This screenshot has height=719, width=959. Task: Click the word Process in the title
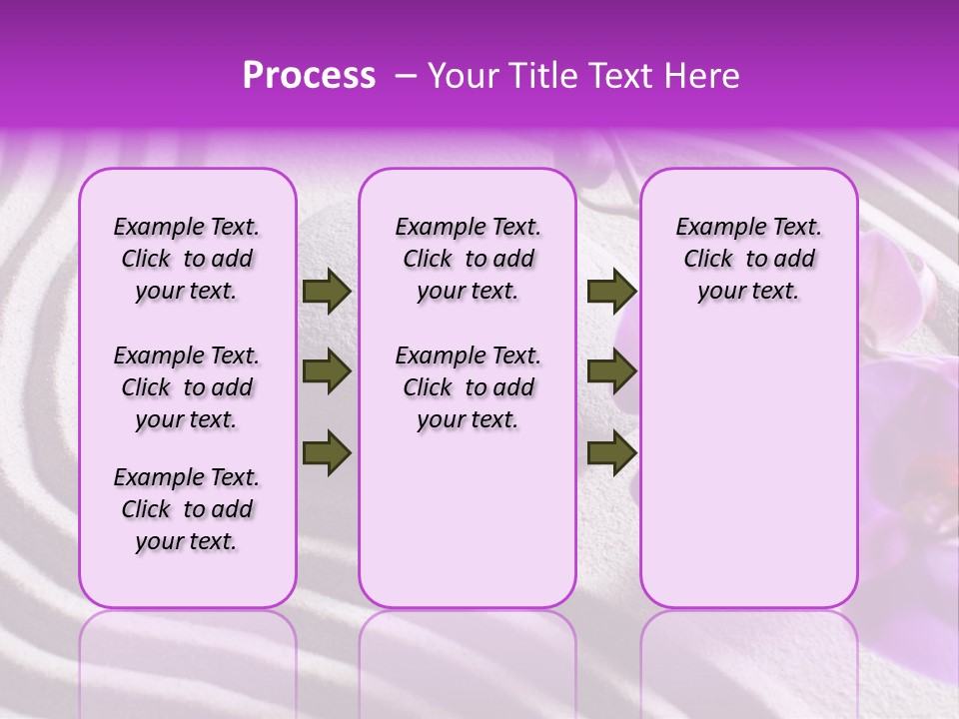point(309,76)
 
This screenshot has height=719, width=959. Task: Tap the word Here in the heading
point(701,76)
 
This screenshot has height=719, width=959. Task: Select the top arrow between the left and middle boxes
point(327,292)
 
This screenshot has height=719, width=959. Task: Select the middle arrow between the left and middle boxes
point(327,371)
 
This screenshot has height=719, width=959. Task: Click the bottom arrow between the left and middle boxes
point(327,451)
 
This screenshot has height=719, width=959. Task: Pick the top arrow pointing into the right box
point(611,292)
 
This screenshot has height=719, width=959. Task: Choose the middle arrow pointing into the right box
point(611,371)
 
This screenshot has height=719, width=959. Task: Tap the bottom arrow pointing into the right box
point(611,451)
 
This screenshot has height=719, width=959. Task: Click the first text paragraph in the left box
point(187,259)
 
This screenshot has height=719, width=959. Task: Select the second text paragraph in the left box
point(187,387)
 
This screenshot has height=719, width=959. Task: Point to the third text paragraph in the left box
point(187,509)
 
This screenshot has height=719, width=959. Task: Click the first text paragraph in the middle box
point(468,259)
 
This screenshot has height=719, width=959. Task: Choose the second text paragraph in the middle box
point(468,387)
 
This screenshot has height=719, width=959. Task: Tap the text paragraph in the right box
point(749,259)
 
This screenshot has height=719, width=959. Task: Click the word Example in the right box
point(712,228)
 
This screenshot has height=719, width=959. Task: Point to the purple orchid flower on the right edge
point(909,439)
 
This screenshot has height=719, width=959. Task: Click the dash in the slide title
point(406,76)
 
